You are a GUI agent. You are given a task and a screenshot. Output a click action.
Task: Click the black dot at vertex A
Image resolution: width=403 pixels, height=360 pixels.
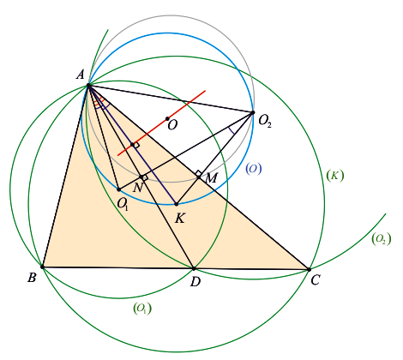point(88,85)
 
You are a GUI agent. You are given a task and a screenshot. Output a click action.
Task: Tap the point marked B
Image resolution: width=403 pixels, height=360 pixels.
point(42,267)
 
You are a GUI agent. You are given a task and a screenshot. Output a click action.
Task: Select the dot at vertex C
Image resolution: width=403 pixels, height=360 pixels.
point(309,269)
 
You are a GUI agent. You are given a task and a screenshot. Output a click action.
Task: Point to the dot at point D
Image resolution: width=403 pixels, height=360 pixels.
point(194,268)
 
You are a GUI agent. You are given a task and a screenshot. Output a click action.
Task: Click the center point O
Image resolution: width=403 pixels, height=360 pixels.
point(167,118)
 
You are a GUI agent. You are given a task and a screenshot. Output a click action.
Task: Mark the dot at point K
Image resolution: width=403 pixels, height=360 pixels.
point(177,204)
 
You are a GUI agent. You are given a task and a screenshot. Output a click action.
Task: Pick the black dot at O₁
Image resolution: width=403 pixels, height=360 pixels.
point(119,189)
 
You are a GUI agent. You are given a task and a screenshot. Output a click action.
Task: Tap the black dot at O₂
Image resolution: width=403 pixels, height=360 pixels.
point(253,112)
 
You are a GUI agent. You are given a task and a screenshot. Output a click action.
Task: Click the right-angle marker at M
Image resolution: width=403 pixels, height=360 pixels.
point(199,173)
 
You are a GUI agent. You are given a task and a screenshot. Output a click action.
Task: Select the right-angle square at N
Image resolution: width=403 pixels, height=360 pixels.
point(145,177)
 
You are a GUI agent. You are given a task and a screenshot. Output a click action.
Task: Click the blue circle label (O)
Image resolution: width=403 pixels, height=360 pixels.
point(254,169)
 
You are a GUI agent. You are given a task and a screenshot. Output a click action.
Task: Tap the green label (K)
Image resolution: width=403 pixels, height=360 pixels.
point(335,176)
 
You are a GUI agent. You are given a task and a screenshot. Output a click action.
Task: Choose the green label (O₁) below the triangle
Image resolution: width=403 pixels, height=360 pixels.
point(142,309)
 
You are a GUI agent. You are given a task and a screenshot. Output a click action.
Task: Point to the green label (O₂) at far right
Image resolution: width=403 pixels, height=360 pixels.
point(381,238)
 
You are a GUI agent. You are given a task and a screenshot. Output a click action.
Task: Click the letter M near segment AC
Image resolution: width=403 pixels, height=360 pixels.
point(211,178)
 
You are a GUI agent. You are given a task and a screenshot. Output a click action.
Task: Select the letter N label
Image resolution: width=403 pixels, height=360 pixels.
point(138,188)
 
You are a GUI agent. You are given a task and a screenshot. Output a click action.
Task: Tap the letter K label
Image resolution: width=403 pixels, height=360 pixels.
point(180,219)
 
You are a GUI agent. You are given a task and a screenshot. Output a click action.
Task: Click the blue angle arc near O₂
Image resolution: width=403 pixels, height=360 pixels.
point(232,130)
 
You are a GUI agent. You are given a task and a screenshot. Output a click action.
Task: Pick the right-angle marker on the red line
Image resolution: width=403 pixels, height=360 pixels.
point(136,145)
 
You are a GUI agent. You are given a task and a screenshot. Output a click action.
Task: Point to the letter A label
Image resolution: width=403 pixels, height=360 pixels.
point(81,75)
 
